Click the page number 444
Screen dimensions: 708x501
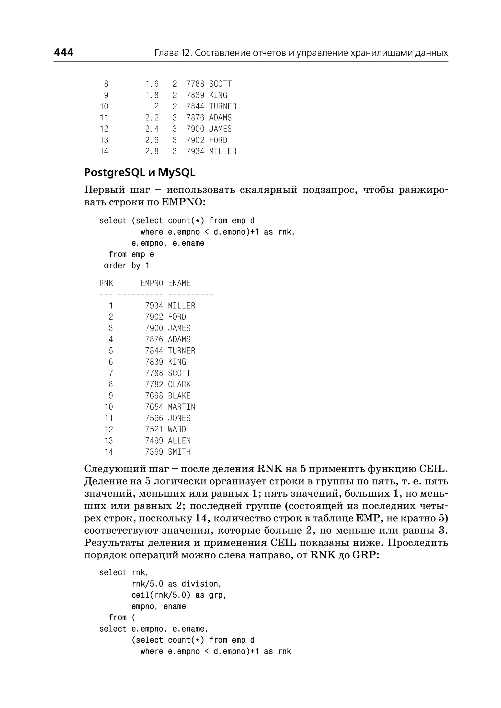(x=64, y=52)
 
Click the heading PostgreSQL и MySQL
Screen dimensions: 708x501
(x=140, y=173)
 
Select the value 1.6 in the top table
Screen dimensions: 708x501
(x=152, y=84)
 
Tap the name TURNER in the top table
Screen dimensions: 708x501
(x=222, y=106)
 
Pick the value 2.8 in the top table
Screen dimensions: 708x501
(x=152, y=152)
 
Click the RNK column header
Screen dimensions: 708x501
(x=106, y=283)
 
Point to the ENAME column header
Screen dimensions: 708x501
(x=179, y=283)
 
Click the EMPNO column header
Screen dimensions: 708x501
(x=152, y=283)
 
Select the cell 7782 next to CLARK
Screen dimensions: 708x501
(x=154, y=384)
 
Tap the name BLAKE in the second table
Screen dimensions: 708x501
(x=179, y=396)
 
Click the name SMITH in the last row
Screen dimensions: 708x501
(x=179, y=452)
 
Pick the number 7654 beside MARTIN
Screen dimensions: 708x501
(x=154, y=407)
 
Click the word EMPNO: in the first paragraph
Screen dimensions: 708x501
(x=183, y=202)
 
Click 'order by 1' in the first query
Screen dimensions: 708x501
(x=126, y=266)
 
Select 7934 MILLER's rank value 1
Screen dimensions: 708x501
(x=111, y=306)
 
